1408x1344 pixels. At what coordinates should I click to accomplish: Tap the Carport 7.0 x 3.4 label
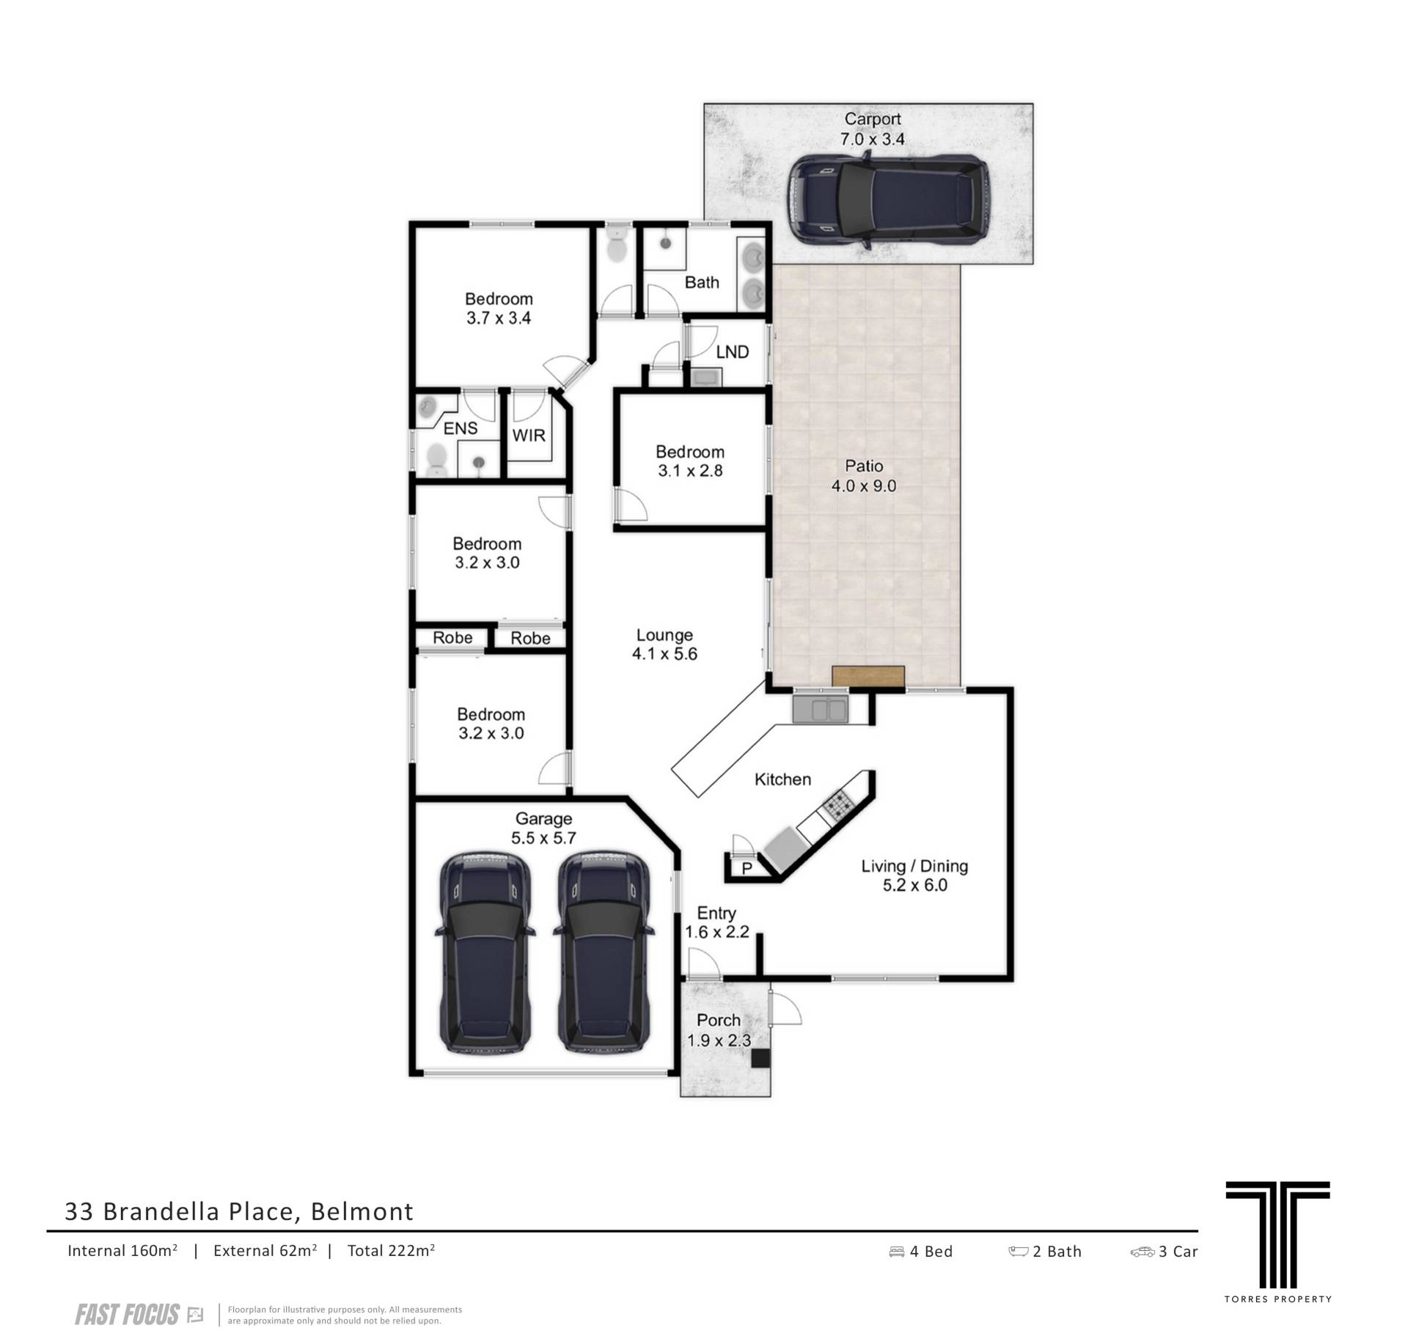[x=872, y=129]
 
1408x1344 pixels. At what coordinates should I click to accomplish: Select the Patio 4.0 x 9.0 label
[x=864, y=476]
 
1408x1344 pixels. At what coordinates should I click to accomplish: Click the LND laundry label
[x=732, y=352]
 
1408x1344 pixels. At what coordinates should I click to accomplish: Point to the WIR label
[x=528, y=436]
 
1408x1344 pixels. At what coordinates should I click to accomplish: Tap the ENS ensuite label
[x=461, y=428]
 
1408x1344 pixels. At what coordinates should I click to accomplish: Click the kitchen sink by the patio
[x=820, y=709]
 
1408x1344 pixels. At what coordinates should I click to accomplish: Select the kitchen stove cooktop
[x=836, y=807]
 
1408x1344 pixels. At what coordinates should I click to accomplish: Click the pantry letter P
[x=747, y=869]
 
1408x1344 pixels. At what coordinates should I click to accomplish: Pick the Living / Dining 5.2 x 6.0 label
[x=914, y=875]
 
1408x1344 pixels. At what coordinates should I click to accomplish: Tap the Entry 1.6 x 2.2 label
[x=716, y=922]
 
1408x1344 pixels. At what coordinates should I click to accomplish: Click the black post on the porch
[x=760, y=1059]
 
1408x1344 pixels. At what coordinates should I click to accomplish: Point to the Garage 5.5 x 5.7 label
[x=543, y=828]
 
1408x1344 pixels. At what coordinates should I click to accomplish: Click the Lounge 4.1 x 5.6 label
[x=664, y=645]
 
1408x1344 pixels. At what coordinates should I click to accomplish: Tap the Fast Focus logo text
[x=127, y=1315]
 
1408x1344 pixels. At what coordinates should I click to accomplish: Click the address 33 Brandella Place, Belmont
[x=239, y=1211]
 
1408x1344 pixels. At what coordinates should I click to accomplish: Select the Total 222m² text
[x=391, y=1251]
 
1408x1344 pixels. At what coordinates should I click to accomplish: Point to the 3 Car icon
[x=1143, y=1252]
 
